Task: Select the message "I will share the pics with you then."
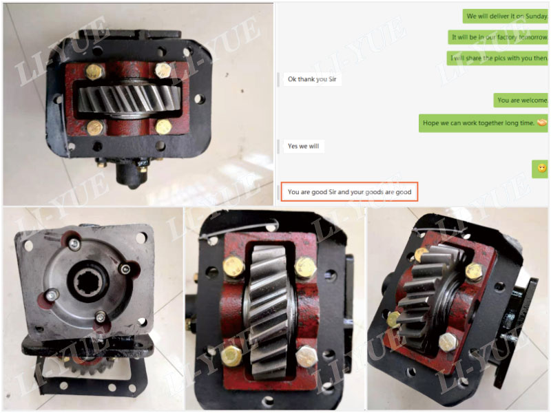pos(497,59)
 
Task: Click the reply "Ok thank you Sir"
pos(313,79)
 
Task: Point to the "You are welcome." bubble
pos(521,100)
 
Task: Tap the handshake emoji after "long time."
pos(541,123)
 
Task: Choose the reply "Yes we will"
pos(303,146)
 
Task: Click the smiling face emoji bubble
pos(541,168)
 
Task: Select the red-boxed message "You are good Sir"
pos(349,192)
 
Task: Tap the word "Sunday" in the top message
pos(535,16)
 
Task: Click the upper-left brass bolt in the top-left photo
pos(95,71)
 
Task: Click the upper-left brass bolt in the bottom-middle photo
pos(233,266)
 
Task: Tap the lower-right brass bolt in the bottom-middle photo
pos(306,356)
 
